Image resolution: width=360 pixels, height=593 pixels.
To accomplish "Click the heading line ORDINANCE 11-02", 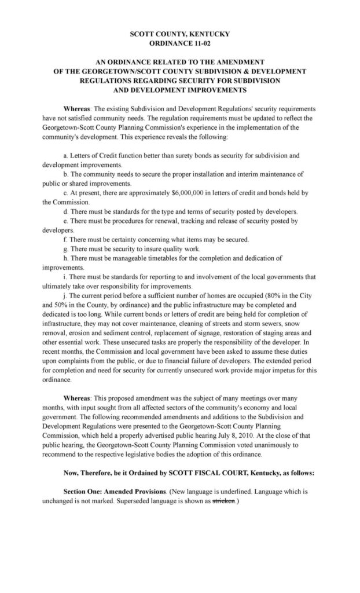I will pos(180,43).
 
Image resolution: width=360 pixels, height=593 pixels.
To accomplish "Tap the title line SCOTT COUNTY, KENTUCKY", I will pos(180,34).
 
